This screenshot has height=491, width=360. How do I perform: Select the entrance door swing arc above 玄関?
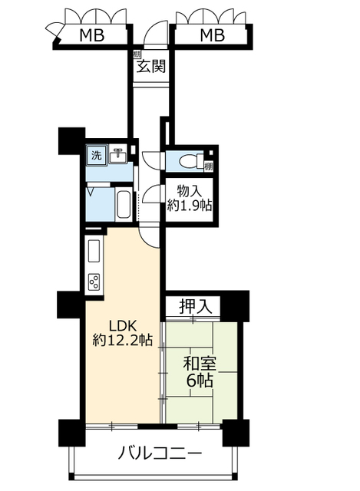pos(154,34)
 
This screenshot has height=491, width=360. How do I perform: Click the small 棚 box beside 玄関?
pos(136,54)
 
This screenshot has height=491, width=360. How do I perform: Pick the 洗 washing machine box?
pos(96,154)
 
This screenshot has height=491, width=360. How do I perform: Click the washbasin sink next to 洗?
pos(117,155)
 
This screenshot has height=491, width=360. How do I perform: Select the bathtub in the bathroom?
pos(124,205)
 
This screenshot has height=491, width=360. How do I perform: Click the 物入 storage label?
pos(190,191)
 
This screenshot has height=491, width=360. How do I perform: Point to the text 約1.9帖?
pos(190,206)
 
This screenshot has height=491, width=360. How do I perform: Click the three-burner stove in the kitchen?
pos(95,283)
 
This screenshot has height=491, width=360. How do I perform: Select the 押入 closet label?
pos(191,306)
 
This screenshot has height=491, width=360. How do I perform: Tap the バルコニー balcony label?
pos(160,453)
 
